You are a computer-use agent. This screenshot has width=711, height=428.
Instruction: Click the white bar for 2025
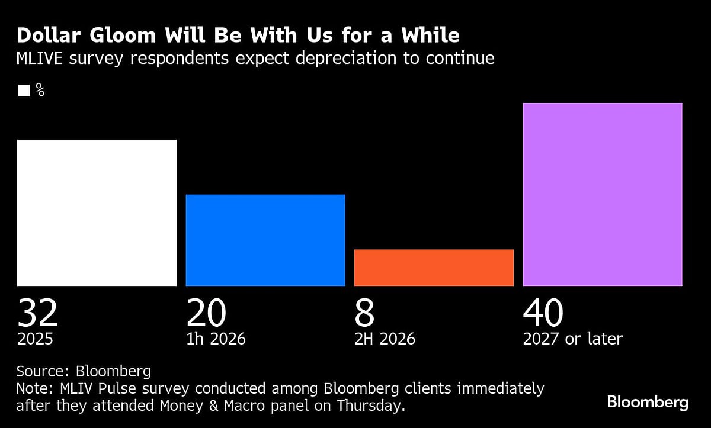[x=97, y=213]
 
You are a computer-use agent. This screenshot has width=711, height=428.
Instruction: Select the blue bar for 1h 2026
[x=265, y=240]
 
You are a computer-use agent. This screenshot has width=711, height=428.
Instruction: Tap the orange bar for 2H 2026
[x=434, y=268]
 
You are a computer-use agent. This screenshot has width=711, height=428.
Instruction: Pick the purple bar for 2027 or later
[x=602, y=194]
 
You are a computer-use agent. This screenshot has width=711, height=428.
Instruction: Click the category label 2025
[x=35, y=339]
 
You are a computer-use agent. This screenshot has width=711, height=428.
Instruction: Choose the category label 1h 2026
[x=216, y=339]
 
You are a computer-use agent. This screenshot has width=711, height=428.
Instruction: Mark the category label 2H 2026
[x=385, y=339]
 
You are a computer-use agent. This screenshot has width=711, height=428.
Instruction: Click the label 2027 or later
[x=572, y=339]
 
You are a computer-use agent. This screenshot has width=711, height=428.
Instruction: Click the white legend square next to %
[x=24, y=91]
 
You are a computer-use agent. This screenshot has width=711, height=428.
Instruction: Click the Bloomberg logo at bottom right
[x=648, y=403]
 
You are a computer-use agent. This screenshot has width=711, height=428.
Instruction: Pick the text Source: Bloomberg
[x=84, y=372]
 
